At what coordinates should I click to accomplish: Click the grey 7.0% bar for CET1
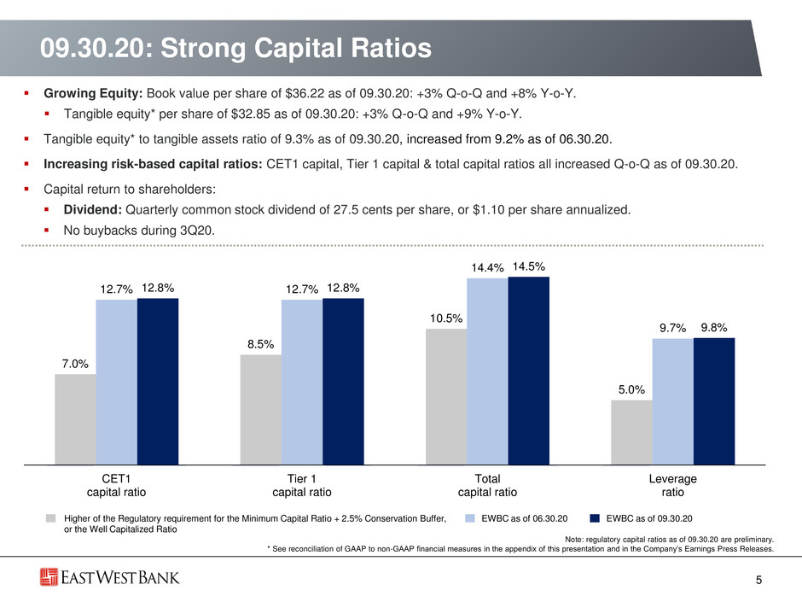tap(76, 419)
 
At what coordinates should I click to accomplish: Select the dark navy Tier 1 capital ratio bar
tap(343, 382)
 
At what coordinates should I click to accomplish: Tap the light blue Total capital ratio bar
tap(487, 371)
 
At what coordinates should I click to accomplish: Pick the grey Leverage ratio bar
tap(631, 433)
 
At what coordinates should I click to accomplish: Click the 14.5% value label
tap(529, 266)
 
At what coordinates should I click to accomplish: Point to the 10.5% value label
tap(446, 319)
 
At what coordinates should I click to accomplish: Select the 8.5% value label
tap(261, 344)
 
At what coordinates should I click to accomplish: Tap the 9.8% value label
tap(714, 328)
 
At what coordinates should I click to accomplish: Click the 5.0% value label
tap(631, 389)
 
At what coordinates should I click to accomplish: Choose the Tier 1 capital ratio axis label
tap(302, 485)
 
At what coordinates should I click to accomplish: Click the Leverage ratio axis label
tap(672, 485)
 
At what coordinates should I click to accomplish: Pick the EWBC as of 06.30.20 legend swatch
tap(470, 518)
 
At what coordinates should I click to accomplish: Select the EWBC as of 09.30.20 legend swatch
tap(595, 518)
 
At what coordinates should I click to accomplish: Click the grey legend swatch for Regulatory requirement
tap(50, 518)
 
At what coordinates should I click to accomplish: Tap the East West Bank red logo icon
tap(49, 577)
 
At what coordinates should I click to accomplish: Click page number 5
tap(759, 580)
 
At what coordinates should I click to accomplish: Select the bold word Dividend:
tap(93, 209)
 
